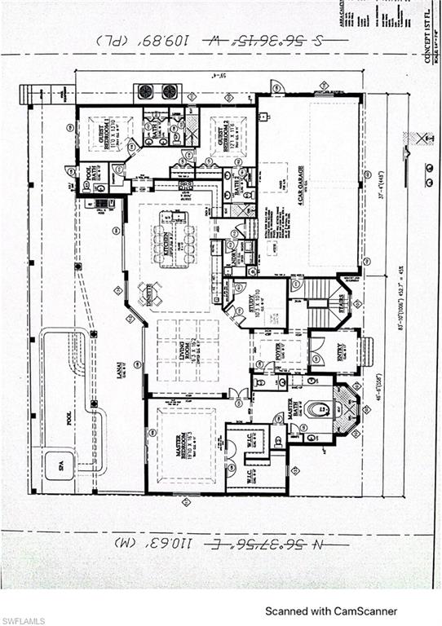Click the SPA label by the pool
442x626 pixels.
pyautogui.click(x=57, y=466)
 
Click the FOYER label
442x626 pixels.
pyautogui.click(x=278, y=351)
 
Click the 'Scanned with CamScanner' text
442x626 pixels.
pyautogui.click(x=331, y=611)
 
